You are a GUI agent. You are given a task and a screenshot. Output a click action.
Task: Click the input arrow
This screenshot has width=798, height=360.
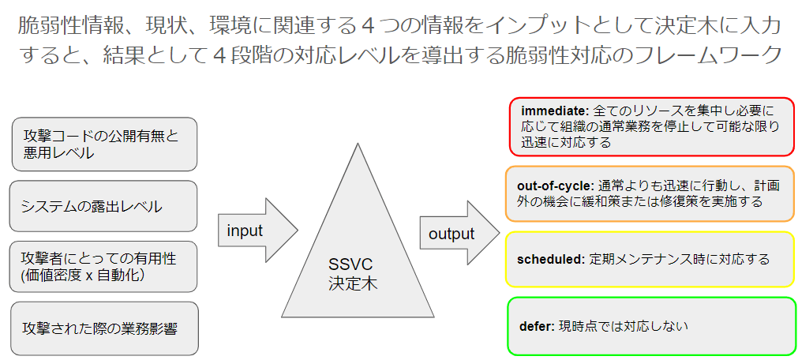point(258,231)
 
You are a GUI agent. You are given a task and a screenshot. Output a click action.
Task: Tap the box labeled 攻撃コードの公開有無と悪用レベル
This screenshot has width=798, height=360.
point(104,144)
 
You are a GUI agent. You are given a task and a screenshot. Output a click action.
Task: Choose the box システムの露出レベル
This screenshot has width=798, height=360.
point(103,206)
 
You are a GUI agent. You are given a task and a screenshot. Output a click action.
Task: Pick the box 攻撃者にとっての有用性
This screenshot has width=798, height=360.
point(103,267)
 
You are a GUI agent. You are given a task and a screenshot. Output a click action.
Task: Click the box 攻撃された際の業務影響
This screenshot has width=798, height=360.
point(104,328)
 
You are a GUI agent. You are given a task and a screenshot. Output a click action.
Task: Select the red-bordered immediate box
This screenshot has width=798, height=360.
point(652,127)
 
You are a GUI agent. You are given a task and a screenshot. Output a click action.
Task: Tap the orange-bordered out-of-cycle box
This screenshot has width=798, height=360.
point(650,194)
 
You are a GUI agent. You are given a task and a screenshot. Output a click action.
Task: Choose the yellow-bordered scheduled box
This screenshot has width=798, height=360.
point(651,259)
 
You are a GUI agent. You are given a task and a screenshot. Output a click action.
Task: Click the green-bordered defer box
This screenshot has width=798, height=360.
point(652,326)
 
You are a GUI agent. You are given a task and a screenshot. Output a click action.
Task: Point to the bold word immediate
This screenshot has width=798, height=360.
point(555,111)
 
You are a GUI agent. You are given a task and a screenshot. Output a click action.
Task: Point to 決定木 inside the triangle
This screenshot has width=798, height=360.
point(353,283)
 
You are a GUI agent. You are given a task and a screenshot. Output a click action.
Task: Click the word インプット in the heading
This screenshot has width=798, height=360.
point(530,27)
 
